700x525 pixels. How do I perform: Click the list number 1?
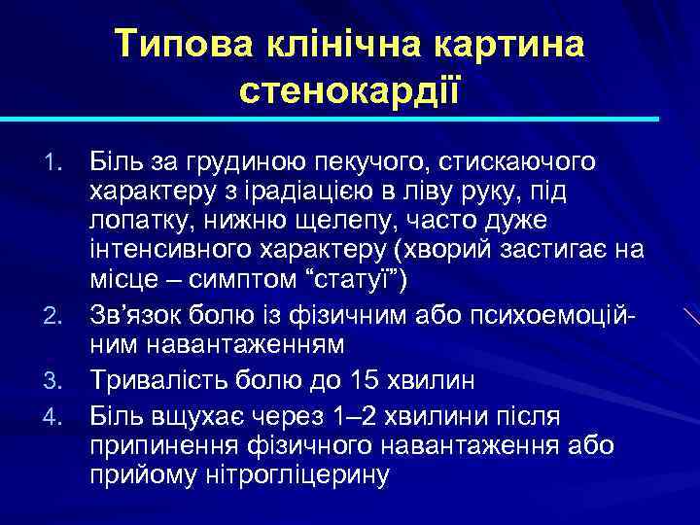(x=57, y=158)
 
